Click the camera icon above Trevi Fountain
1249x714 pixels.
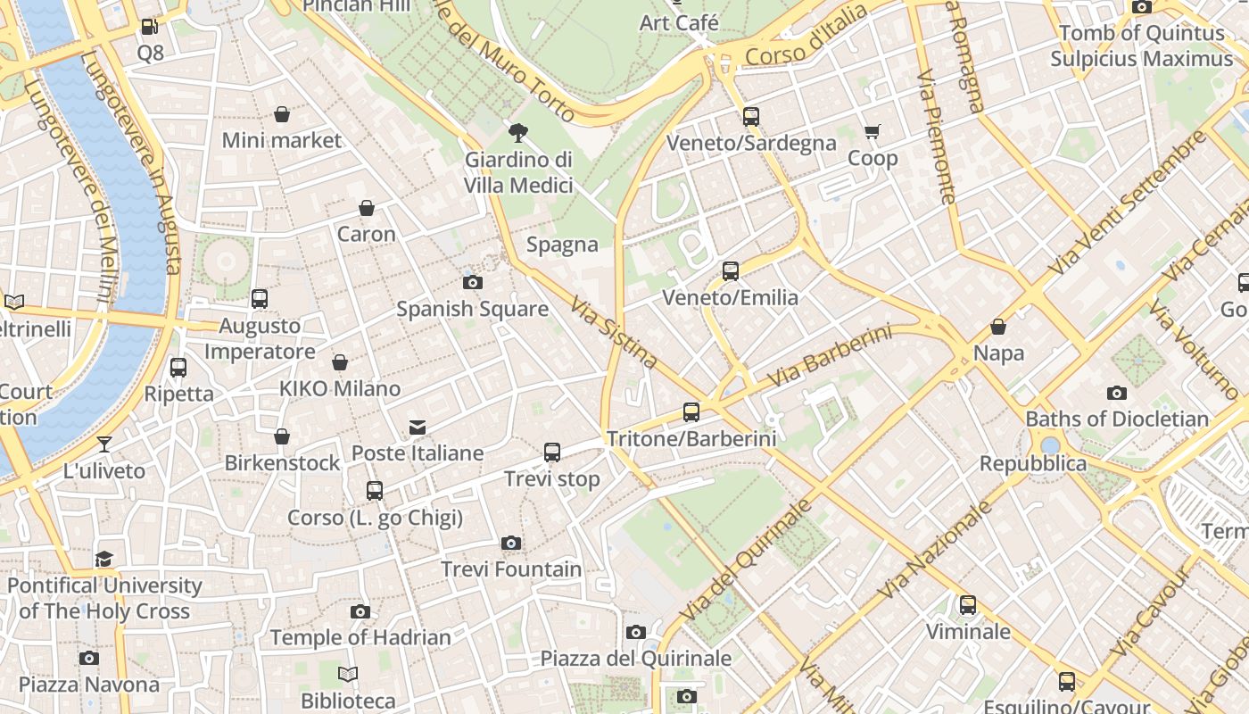pyautogui.click(x=511, y=543)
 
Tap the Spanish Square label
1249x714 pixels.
pyautogui.click(x=472, y=309)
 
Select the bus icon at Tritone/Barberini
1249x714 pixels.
pyautogui.click(x=691, y=411)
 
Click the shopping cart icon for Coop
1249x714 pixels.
pyautogui.click(x=873, y=132)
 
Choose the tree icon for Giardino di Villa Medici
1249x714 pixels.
pyautogui.click(x=517, y=134)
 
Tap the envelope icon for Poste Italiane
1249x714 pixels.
pyautogui.click(x=418, y=427)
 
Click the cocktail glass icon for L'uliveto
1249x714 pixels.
pyautogui.click(x=104, y=444)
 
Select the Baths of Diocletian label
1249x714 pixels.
pyautogui.click(x=1117, y=419)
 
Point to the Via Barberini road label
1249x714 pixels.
pyautogui.click(x=830, y=356)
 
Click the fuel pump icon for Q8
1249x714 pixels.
pyautogui.click(x=150, y=27)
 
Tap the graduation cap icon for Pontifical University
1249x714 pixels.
pyautogui.click(x=104, y=560)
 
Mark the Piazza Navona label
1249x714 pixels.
pyautogui.click(x=89, y=685)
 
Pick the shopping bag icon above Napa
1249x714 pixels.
pyautogui.click(x=998, y=327)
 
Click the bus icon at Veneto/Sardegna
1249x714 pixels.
pyautogui.click(x=751, y=116)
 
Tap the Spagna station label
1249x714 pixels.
pyautogui.click(x=562, y=245)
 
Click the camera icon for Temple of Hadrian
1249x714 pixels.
pyautogui.click(x=360, y=611)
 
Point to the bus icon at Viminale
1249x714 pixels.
pyautogui.click(x=968, y=605)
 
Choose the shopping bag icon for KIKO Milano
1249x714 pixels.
pyautogui.click(x=340, y=362)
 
